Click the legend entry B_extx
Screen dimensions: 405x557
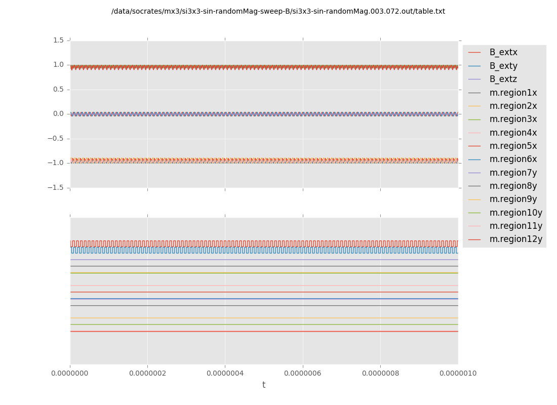(503, 53)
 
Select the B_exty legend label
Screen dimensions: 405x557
(503, 66)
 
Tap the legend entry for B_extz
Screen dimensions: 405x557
(503, 79)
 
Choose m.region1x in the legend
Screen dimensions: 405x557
(513, 93)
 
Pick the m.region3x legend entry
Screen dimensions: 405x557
(513, 119)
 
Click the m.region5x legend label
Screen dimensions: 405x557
(513, 146)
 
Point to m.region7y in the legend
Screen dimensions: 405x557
(513, 173)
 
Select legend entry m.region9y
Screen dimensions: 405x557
(513, 199)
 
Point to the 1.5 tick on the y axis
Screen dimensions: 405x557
(58, 40)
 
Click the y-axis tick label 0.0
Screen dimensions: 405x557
(58, 114)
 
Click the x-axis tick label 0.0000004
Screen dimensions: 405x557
(225, 374)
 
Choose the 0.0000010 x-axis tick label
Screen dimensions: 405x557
(458, 374)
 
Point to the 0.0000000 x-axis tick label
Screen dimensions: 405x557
(70, 374)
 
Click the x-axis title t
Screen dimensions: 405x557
(264, 385)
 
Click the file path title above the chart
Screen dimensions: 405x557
(278, 12)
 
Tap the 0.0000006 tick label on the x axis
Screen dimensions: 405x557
(303, 374)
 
